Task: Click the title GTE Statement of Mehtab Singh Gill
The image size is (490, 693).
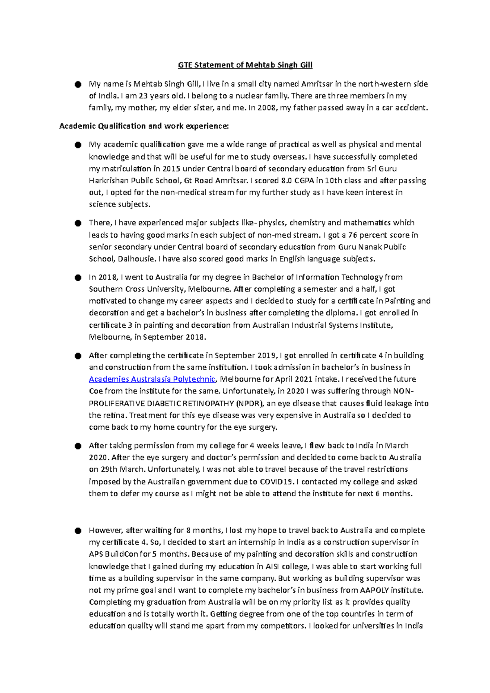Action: [245, 65]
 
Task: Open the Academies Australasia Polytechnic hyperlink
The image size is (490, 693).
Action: [152, 379]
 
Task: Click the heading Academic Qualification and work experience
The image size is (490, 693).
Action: [144, 126]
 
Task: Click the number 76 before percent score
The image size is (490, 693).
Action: [352, 235]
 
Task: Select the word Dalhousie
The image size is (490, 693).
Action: [136, 259]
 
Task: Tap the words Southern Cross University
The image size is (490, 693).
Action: [138, 289]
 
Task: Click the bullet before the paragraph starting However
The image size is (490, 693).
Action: [78, 531]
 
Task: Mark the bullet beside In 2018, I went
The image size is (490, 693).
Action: [78, 278]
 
